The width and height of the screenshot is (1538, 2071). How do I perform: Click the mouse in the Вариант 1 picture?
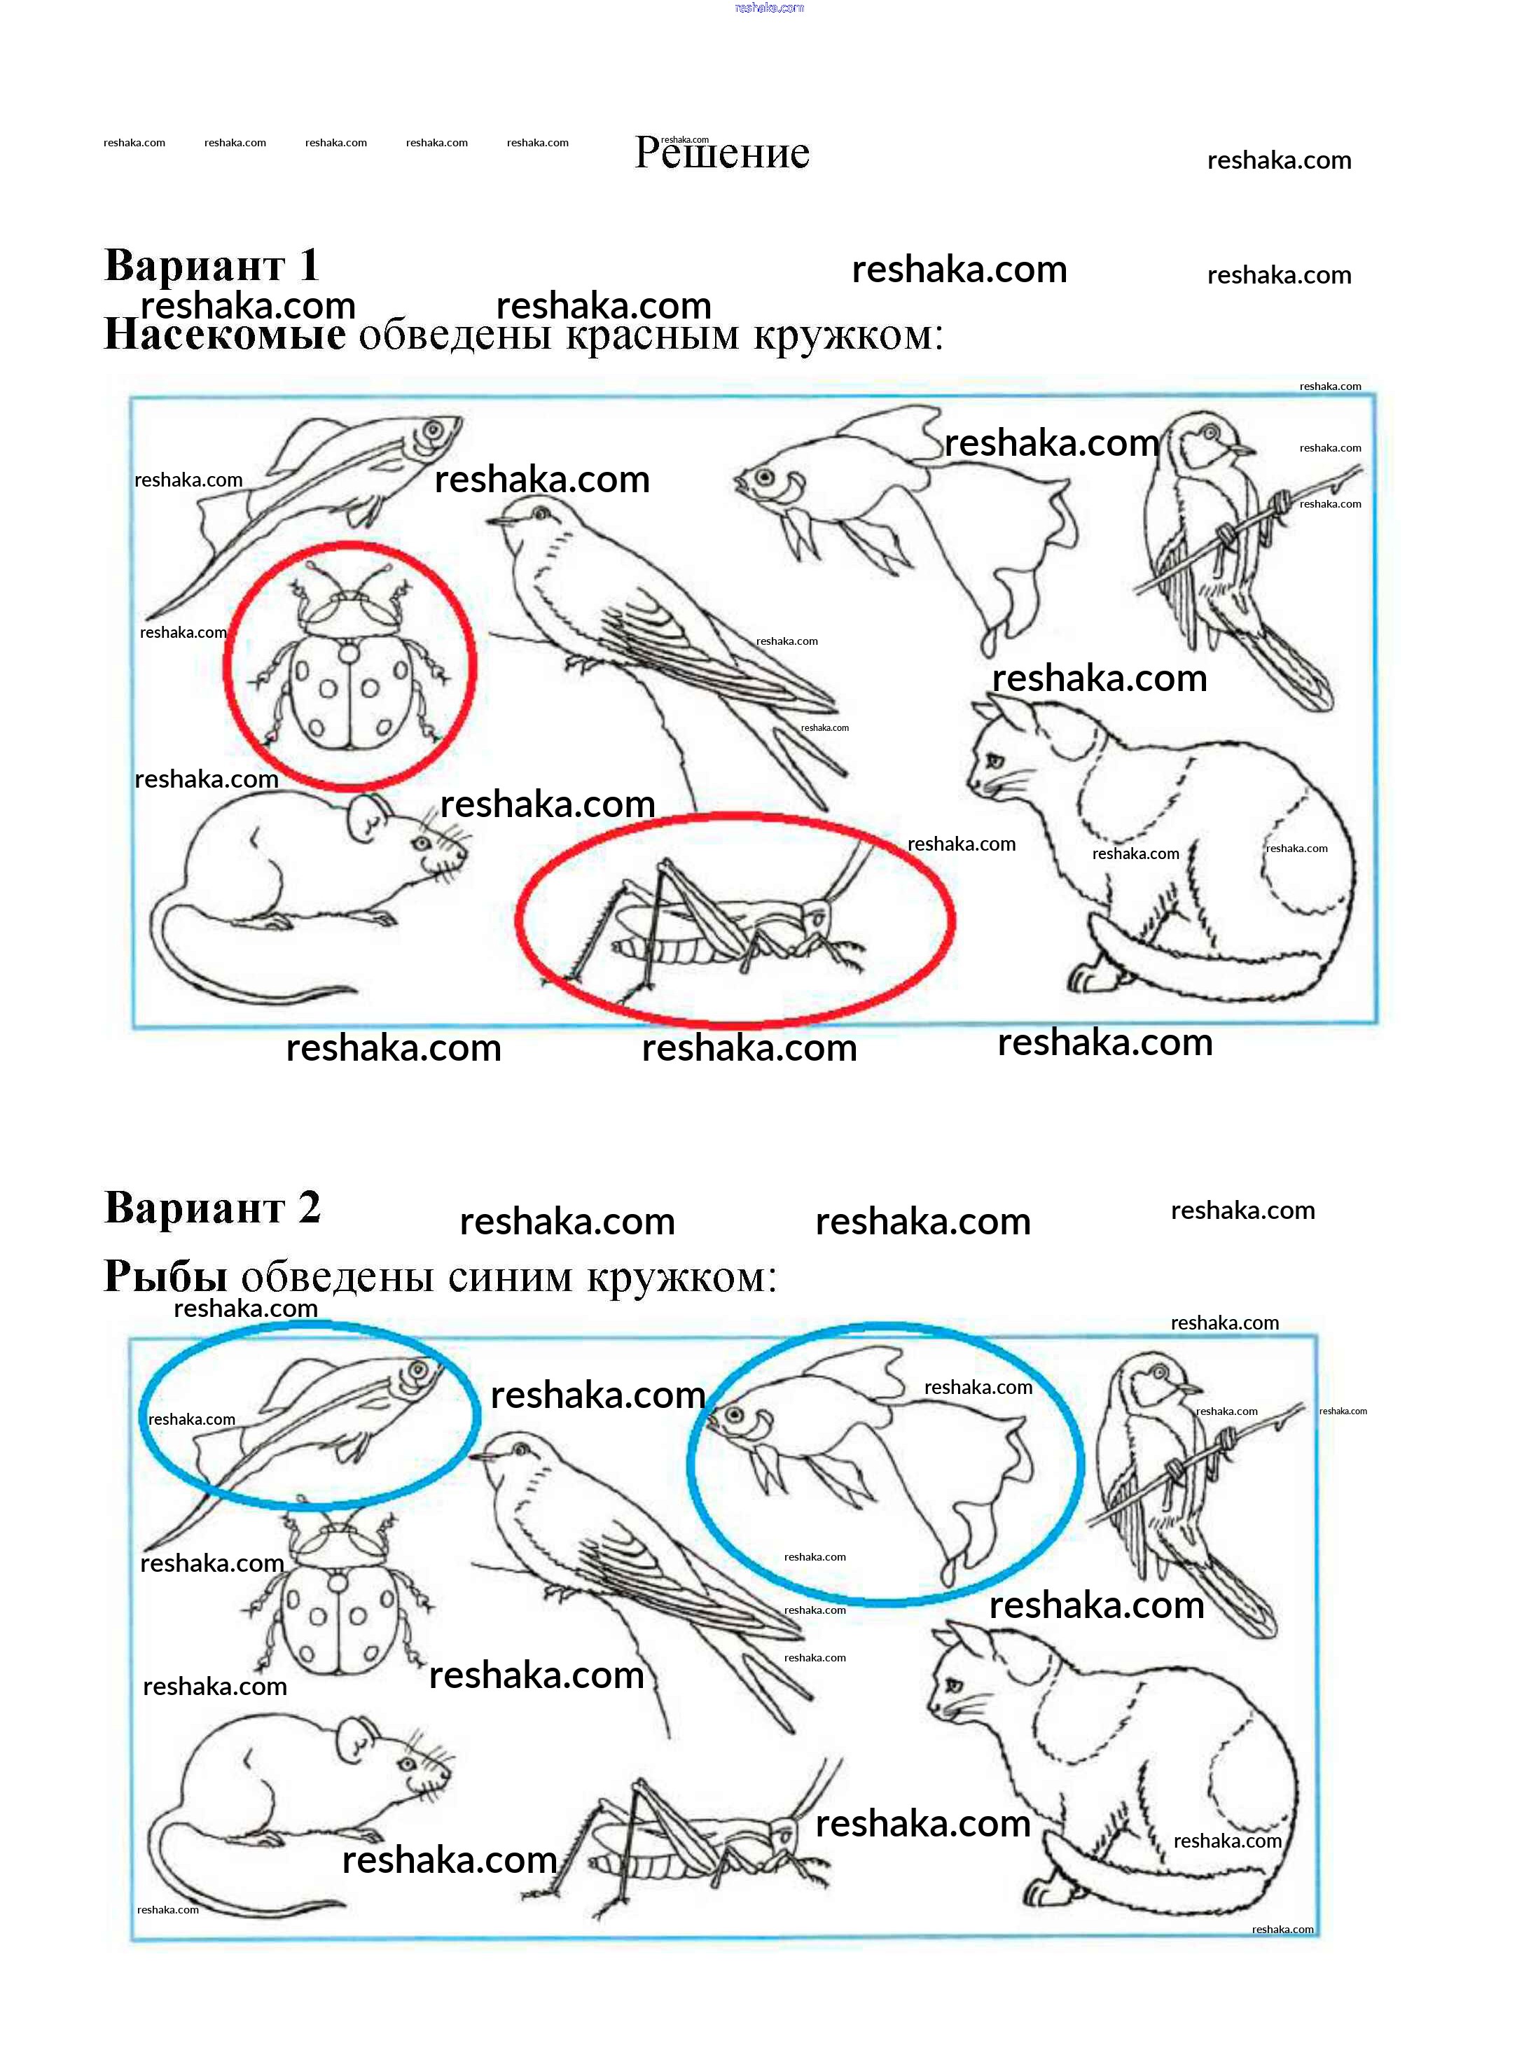pos(307,898)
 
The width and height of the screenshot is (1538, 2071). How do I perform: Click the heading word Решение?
pos(721,153)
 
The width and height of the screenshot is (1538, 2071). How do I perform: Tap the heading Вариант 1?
pos(212,265)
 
